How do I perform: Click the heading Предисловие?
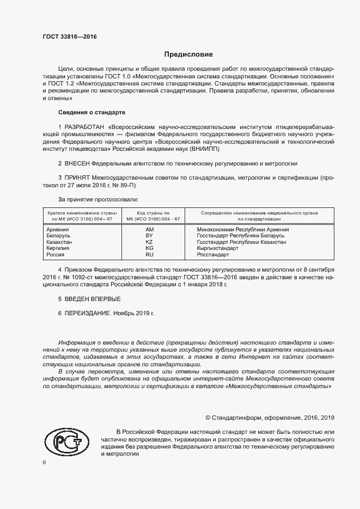(188, 54)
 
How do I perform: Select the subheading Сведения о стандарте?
(91, 112)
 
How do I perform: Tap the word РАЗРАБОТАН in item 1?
(85, 126)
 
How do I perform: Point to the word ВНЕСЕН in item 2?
(77, 163)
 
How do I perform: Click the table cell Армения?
(58, 229)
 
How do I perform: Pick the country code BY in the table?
(150, 236)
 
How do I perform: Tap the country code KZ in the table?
(150, 242)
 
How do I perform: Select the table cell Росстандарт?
(213, 254)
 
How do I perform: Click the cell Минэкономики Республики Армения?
(242, 229)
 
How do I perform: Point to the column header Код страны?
(153, 213)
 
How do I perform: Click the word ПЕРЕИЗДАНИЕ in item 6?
(88, 314)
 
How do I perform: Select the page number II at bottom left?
(45, 462)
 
